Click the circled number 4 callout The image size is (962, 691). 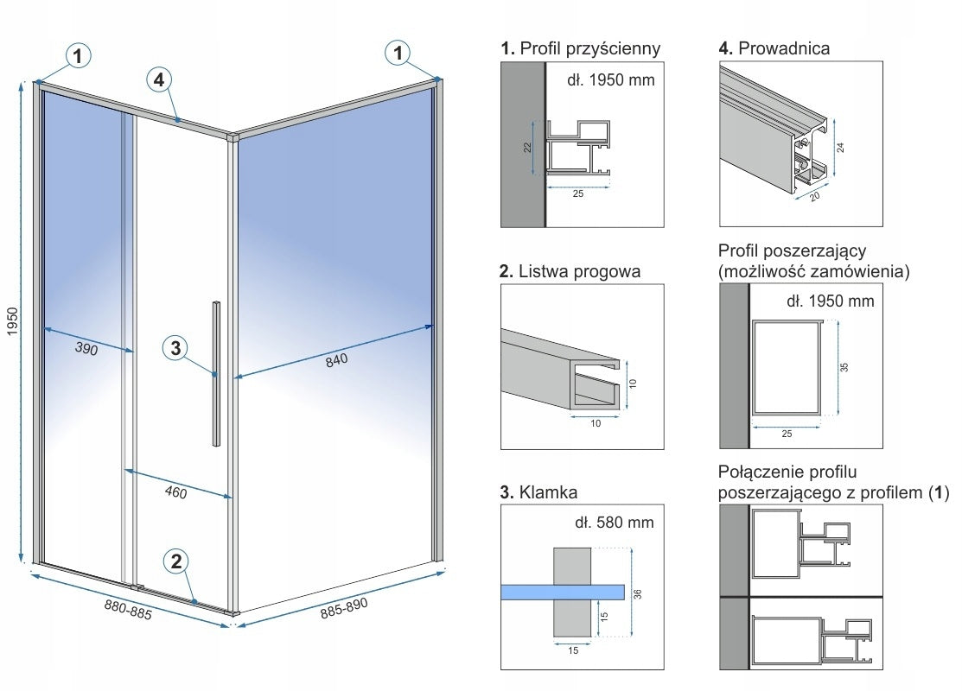[157, 80]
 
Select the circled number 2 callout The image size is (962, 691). [176, 561]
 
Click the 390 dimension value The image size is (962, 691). [86, 350]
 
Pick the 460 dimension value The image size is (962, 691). [175, 492]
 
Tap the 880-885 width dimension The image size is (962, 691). [128, 606]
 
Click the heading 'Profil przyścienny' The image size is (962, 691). [590, 49]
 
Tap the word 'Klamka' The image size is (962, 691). [549, 493]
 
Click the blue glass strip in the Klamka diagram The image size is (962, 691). [563, 591]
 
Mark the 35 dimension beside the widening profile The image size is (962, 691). [845, 366]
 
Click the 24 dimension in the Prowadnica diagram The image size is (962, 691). [840, 147]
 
